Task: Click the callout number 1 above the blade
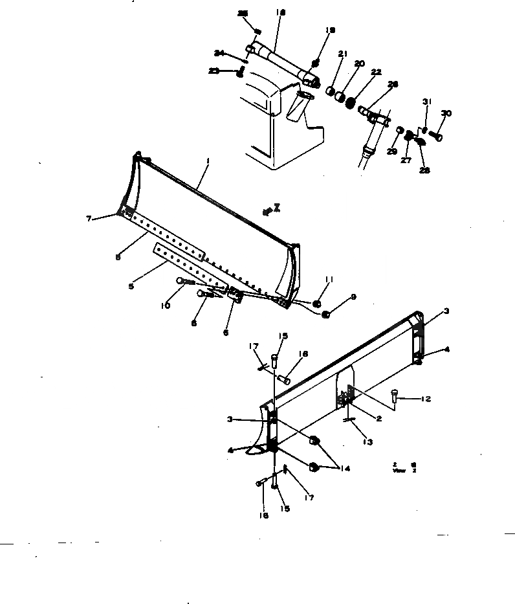208,161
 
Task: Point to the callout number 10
166,306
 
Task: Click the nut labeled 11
317,303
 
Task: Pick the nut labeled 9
326,315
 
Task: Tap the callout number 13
368,442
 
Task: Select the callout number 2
378,419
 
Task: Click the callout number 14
345,468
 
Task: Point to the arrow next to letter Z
266,211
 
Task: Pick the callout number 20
359,63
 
